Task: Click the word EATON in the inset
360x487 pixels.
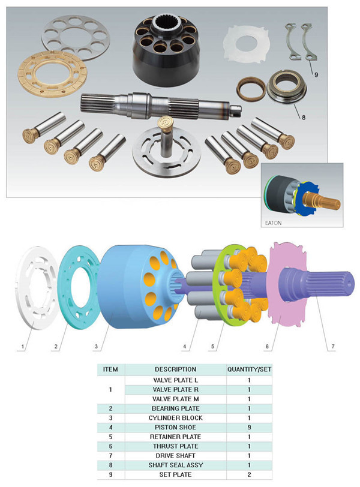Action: [274, 223]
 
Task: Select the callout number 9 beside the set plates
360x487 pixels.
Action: [316, 74]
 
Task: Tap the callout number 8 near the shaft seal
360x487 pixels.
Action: [304, 118]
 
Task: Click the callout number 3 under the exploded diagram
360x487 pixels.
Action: [96, 346]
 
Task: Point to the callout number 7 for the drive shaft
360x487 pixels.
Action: [333, 346]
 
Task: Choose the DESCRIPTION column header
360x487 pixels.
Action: [175, 369]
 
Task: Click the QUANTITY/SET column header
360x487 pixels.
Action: [249, 369]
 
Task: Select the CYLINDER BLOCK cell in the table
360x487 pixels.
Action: [175, 418]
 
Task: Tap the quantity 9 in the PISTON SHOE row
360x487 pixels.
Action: [249, 428]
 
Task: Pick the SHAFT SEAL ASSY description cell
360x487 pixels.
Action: [175, 465]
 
